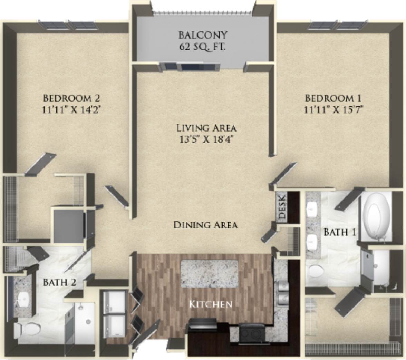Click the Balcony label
pyautogui.click(x=203, y=35)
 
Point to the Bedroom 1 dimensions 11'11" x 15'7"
pyautogui.click(x=335, y=109)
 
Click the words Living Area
pyautogui.click(x=206, y=128)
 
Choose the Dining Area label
pyautogui.click(x=206, y=225)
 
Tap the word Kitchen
pyautogui.click(x=210, y=304)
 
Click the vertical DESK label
pyautogui.click(x=282, y=207)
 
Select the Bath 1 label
pyautogui.click(x=340, y=232)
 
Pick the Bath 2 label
pyautogui.click(x=59, y=282)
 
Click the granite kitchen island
pyautogui.click(x=210, y=273)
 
